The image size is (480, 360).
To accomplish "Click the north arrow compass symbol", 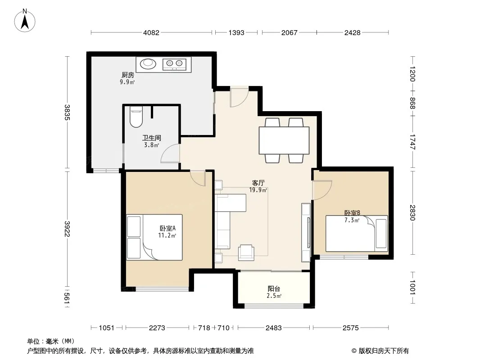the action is (25, 21).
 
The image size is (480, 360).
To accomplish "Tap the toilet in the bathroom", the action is (136, 117).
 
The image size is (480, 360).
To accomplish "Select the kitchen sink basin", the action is (148, 63).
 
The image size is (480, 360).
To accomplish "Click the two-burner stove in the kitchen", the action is (174, 63).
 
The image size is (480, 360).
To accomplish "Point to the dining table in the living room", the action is (284, 140).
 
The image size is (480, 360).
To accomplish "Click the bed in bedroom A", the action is (154, 237).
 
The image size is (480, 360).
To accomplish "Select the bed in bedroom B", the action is (357, 234).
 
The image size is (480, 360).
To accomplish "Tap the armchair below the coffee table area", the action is (246, 252).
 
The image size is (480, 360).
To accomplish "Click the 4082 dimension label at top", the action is (151, 33).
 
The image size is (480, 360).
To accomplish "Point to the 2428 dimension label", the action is (353, 33).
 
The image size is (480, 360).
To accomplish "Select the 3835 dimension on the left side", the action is (67, 112).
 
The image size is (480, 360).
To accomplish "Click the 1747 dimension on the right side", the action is (412, 142).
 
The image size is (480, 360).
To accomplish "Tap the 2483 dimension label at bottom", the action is (273, 328).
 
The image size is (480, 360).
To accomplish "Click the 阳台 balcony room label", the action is (274, 289).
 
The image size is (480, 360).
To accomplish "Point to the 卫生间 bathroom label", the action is (152, 138).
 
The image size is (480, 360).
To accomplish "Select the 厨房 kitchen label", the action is (127, 75).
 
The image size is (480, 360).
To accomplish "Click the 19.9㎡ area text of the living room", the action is (258, 190).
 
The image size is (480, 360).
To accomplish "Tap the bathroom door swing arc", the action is (170, 153).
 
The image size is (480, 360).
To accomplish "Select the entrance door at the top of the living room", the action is (239, 97).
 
